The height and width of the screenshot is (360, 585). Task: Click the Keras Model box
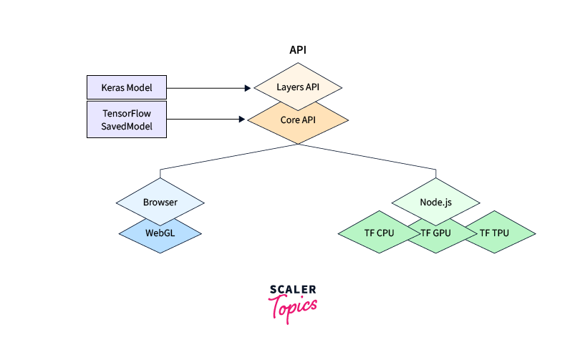(x=126, y=87)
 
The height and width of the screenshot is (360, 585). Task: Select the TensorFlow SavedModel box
(x=126, y=120)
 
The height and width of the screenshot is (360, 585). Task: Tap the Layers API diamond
(x=299, y=87)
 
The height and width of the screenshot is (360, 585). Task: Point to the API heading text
(x=298, y=50)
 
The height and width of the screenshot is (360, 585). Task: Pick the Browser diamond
(x=160, y=202)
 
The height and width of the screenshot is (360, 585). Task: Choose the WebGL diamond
(x=160, y=233)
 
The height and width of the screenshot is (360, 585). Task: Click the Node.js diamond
(x=436, y=202)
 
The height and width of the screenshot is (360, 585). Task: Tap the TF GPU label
(x=435, y=233)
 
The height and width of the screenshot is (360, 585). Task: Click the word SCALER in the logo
(x=293, y=290)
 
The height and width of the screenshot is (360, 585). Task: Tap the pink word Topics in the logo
(x=293, y=306)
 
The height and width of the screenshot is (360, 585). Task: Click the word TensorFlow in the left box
(x=126, y=113)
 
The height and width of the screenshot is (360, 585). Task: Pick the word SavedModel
(x=126, y=127)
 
